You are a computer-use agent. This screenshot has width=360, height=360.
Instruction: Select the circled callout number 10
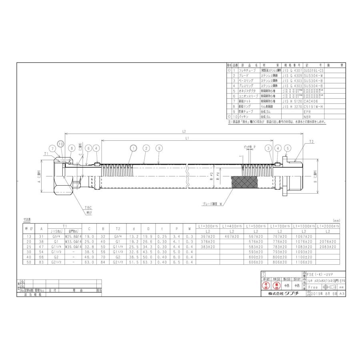click(60, 144)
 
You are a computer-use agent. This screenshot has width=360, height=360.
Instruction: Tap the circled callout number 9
click(160, 148)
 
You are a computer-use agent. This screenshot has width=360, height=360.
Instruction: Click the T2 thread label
click(311, 142)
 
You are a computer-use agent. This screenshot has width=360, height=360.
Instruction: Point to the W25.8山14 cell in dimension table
click(73, 237)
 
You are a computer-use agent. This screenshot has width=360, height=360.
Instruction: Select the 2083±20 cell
click(328, 247)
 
